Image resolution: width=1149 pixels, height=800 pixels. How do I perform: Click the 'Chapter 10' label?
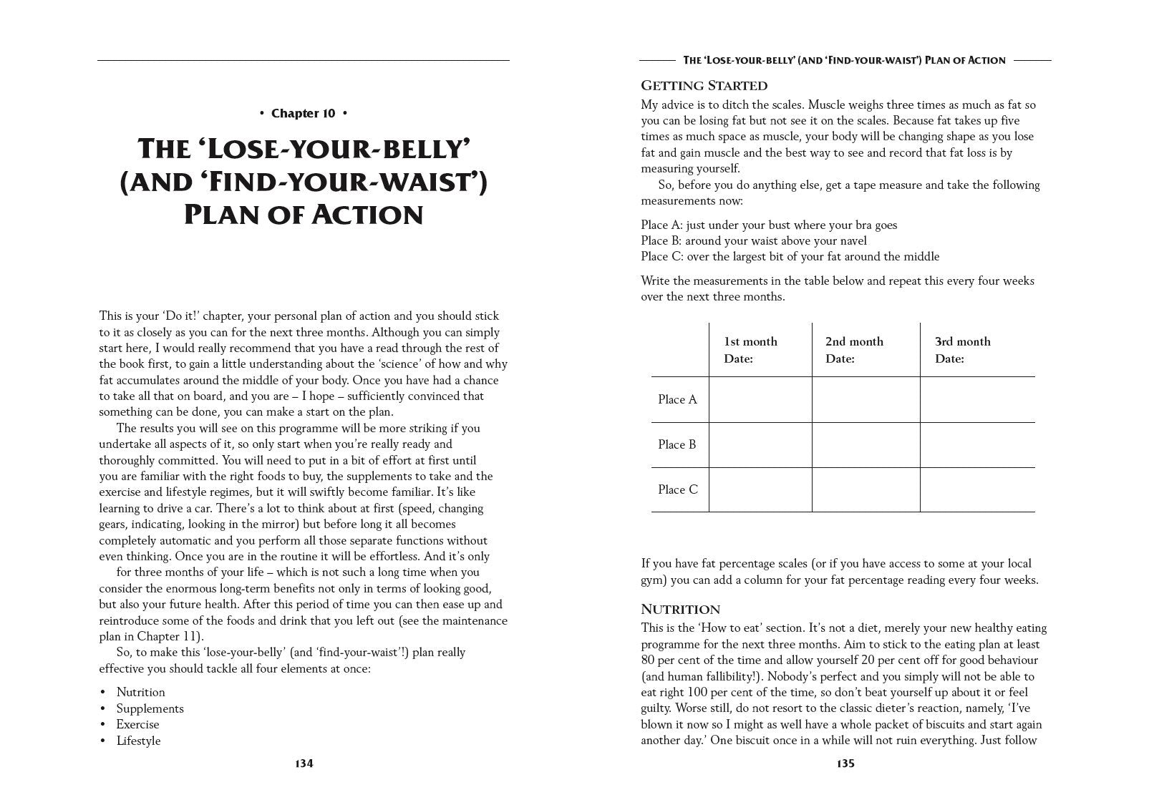[x=304, y=113]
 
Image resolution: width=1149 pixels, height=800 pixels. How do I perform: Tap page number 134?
[x=304, y=764]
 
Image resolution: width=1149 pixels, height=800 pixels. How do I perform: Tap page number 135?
[x=845, y=764]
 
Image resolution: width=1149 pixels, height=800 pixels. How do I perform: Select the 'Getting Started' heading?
[x=704, y=86]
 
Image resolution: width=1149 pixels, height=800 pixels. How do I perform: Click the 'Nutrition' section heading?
[x=680, y=610]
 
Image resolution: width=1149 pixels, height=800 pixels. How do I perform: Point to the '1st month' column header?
[x=750, y=341]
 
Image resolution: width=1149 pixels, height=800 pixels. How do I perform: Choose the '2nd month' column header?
[x=854, y=341]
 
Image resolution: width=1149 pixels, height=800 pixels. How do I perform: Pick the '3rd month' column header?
[x=963, y=341]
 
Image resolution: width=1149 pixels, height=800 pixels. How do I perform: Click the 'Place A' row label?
[x=677, y=399]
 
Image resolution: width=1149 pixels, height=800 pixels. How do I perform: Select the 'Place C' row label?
[x=677, y=489]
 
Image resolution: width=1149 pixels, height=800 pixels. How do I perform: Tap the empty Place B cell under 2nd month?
[x=866, y=444]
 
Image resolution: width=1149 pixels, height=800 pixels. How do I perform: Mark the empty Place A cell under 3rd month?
[x=977, y=399]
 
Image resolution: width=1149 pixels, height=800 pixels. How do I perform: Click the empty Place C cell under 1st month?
[x=760, y=489]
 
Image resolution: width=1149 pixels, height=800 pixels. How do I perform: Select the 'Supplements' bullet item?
[x=150, y=708]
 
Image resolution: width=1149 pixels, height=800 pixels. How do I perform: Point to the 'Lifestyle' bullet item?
[x=138, y=741]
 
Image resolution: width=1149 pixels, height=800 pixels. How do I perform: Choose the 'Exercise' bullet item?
[x=137, y=724]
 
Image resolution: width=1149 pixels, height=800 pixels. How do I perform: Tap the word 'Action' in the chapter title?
[x=364, y=215]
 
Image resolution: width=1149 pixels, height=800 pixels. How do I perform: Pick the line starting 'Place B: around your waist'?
[x=753, y=240]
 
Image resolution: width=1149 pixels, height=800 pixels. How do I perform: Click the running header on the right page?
[x=845, y=61]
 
